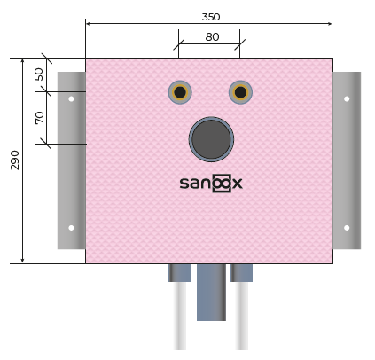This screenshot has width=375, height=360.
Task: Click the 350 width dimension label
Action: pos(211,17)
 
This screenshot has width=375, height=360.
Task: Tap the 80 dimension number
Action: pos(212,37)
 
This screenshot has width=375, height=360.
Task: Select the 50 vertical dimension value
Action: pos(39,74)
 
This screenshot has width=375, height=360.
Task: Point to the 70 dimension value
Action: pos(39,118)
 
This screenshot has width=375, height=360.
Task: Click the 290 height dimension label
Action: pos(15,160)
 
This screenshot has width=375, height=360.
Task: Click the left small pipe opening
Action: pos(180,92)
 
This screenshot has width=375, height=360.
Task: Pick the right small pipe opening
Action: pos(240,92)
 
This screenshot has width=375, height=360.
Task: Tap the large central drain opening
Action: pos(211,139)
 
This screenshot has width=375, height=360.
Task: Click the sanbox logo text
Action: pos(211,184)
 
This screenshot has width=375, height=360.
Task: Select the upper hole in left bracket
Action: pos(71,99)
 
